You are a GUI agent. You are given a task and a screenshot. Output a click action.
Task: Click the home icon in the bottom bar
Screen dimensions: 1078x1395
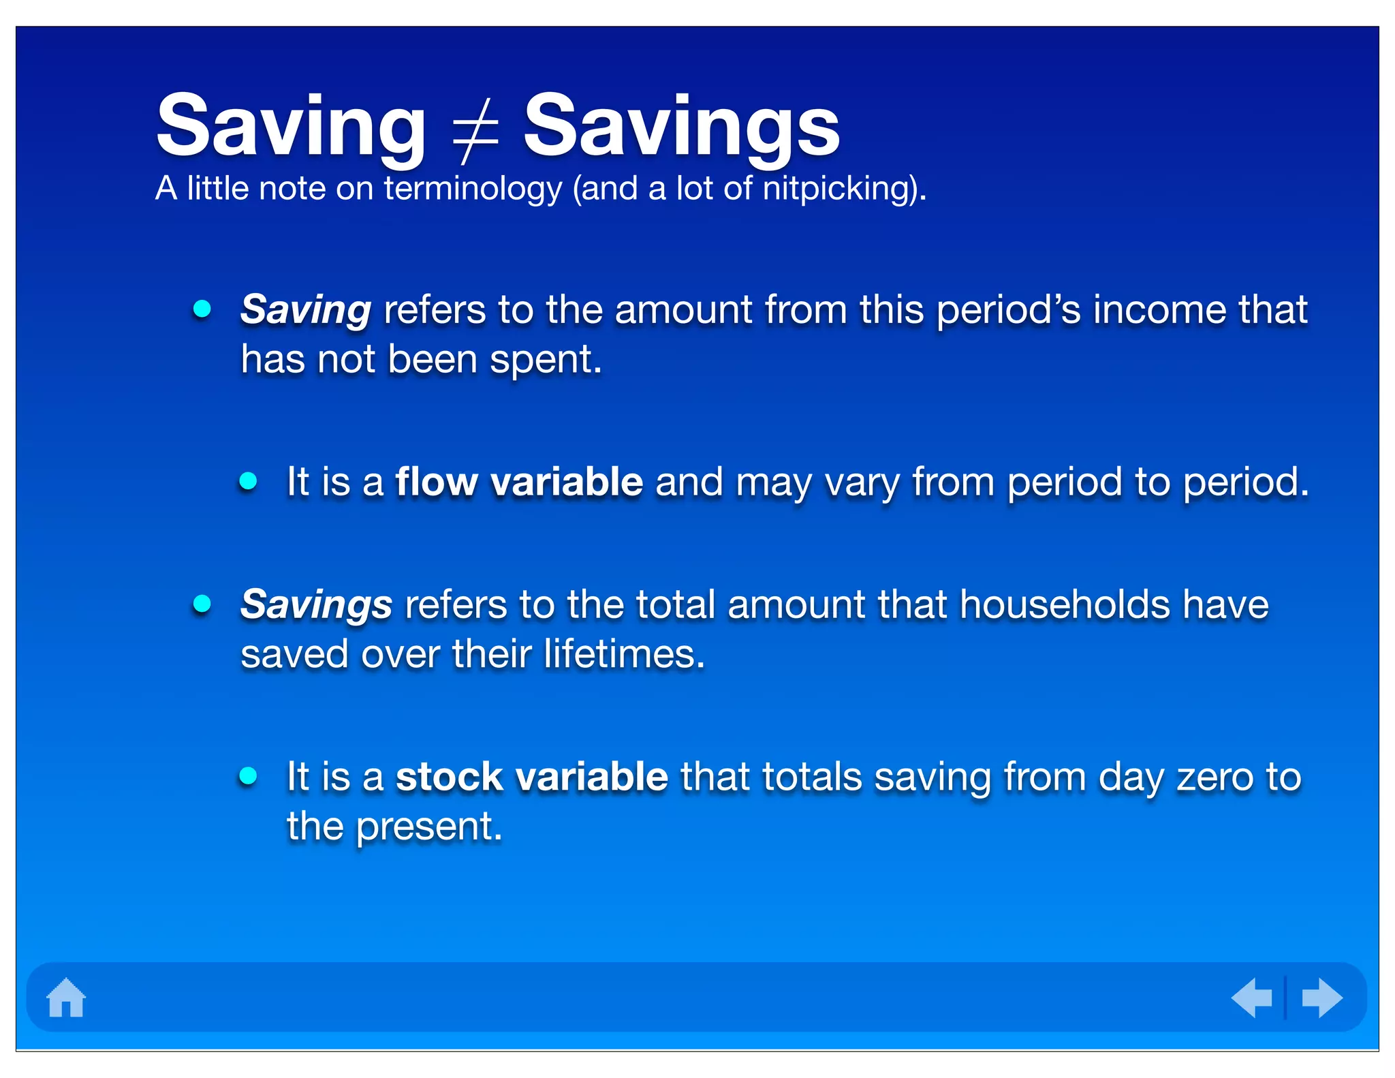(66, 998)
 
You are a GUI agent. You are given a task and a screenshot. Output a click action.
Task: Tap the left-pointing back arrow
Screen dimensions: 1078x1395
(1252, 998)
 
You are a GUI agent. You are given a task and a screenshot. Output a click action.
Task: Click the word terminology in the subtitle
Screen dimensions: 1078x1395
(473, 189)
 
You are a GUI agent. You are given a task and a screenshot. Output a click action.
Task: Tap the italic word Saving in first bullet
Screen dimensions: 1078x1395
(306, 310)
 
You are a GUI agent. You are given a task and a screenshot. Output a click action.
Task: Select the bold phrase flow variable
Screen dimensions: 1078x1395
(519, 482)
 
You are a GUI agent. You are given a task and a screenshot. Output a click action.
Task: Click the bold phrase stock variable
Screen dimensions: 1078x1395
(531, 777)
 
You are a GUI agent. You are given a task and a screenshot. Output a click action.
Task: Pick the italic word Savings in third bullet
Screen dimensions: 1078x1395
(316, 605)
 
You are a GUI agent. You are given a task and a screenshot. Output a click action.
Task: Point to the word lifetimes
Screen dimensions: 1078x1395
(623, 654)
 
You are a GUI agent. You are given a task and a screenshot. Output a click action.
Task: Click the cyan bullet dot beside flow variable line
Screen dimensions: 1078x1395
(249, 481)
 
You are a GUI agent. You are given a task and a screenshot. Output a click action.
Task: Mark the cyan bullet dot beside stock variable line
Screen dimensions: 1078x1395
(249, 775)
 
